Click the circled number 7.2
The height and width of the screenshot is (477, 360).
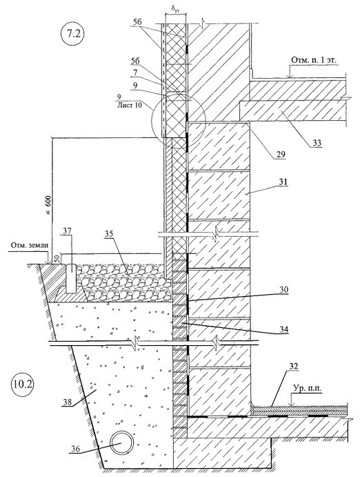click(72, 33)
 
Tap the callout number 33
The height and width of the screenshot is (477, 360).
click(317, 142)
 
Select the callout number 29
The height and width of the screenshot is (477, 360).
click(280, 155)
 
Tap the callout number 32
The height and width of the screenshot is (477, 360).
click(293, 367)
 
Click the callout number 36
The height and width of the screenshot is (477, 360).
click(74, 448)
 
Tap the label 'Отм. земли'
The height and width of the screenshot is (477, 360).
click(30, 245)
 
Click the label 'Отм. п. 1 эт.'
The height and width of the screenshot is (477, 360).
click(314, 60)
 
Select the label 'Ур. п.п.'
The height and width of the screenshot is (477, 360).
click(308, 389)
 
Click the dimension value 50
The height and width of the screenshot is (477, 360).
click(57, 258)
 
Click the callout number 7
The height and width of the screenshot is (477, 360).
click(135, 73)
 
